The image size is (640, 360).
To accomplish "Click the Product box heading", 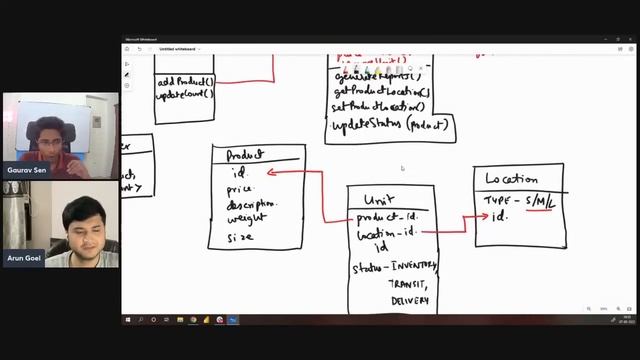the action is click(x=244, y=155).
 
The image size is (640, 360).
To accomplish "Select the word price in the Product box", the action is click(x=240, y=188).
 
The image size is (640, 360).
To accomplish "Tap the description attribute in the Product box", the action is click(x=251, y=203).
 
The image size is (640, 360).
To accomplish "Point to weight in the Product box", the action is click(x=246, y=218).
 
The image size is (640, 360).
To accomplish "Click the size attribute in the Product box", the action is click(x=240, y=237).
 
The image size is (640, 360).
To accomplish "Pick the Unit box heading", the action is click(x=378, y=198).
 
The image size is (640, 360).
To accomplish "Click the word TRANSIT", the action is click(x=407, y=283).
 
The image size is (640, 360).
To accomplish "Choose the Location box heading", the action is click(x=511, y=180).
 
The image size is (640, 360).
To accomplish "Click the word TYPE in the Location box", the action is click(x=497, y=201).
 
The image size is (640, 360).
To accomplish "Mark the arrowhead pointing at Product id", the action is click(x=270, y=172).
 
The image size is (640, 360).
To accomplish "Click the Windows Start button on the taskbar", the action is click(x=128, y=320).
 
